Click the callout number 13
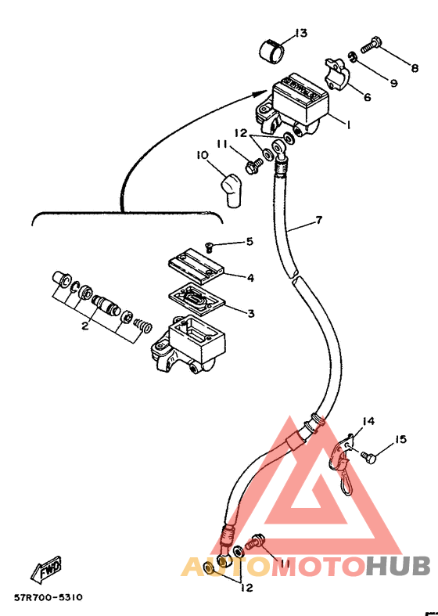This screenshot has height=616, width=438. (300, 33)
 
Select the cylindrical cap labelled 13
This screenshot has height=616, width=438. (271, 50)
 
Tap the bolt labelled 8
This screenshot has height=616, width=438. (370, 45)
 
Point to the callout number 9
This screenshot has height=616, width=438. (393, 83)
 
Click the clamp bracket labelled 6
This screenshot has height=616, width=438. (337, 74)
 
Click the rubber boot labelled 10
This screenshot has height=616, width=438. (232, 189)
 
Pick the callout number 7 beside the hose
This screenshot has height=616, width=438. (318, 220)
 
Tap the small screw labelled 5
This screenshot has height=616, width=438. (209, 247)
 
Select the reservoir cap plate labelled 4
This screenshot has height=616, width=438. (196, 267)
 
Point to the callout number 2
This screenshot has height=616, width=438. (84, 326)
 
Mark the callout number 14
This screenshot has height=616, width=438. (368, 422)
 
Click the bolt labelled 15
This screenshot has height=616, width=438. (368, 457)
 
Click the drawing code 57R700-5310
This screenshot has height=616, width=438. (48, 597)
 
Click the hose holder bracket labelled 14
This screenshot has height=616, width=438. (341, 463)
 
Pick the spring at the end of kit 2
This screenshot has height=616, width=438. (142, 326)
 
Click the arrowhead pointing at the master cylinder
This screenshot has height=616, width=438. (260, 94)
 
